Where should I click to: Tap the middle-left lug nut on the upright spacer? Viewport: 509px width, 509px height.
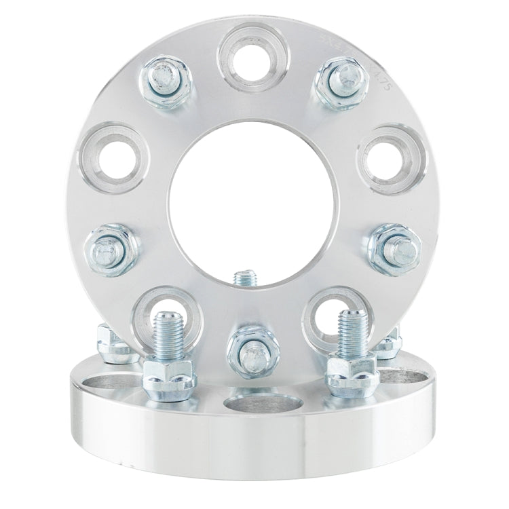coord(109,248)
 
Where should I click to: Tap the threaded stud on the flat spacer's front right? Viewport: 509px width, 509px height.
coord(350,333)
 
